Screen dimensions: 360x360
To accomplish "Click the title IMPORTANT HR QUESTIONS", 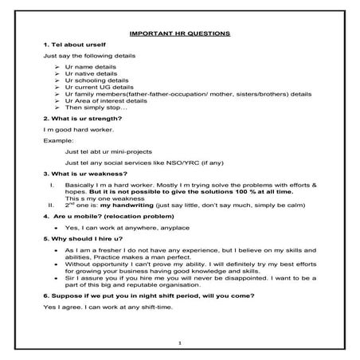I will (179, 33).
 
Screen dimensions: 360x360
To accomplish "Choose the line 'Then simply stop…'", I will (96, 106).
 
